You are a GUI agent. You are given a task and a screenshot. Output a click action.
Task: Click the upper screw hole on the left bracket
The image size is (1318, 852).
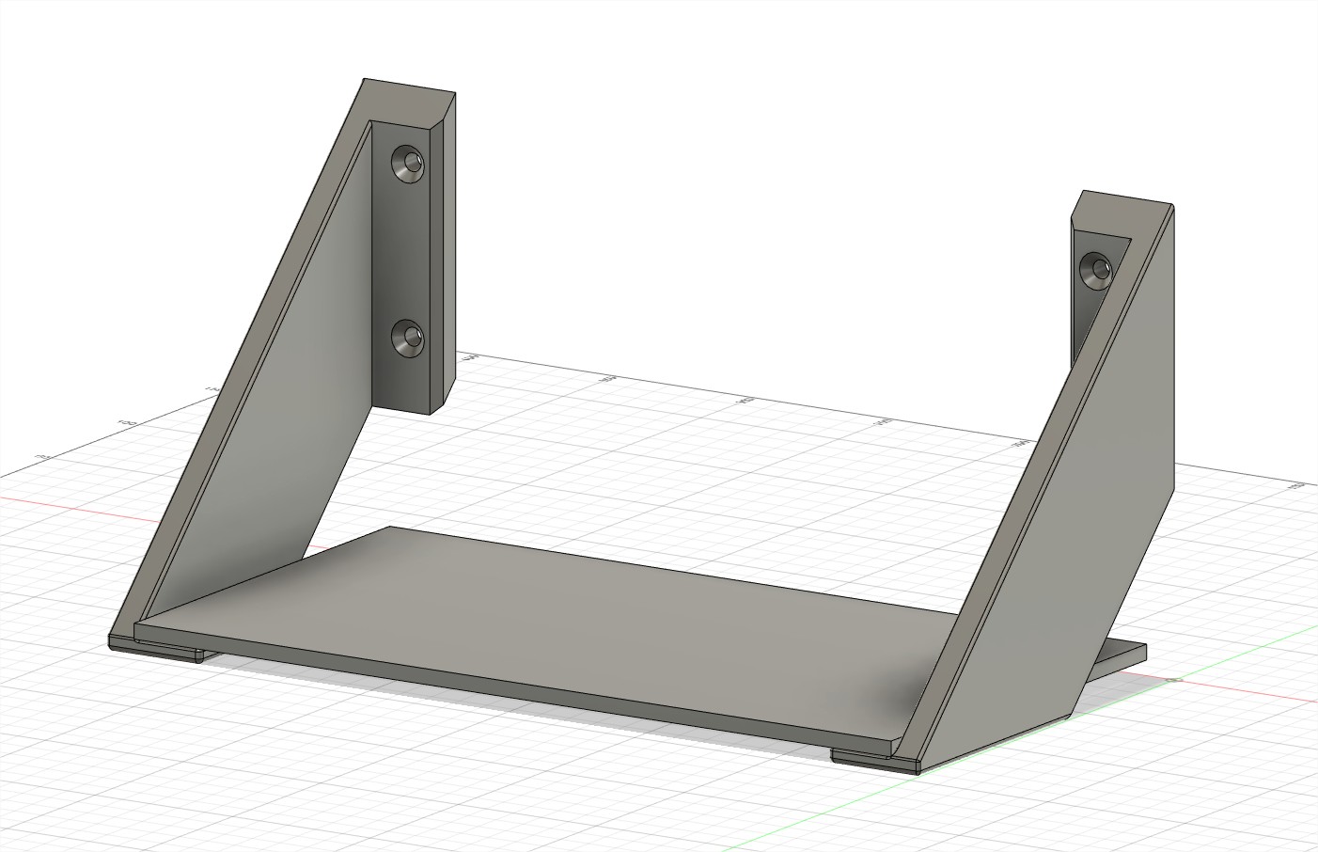(x=408, y=163)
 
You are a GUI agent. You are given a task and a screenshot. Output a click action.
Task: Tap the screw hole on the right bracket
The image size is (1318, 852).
(x=1095, y=270)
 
